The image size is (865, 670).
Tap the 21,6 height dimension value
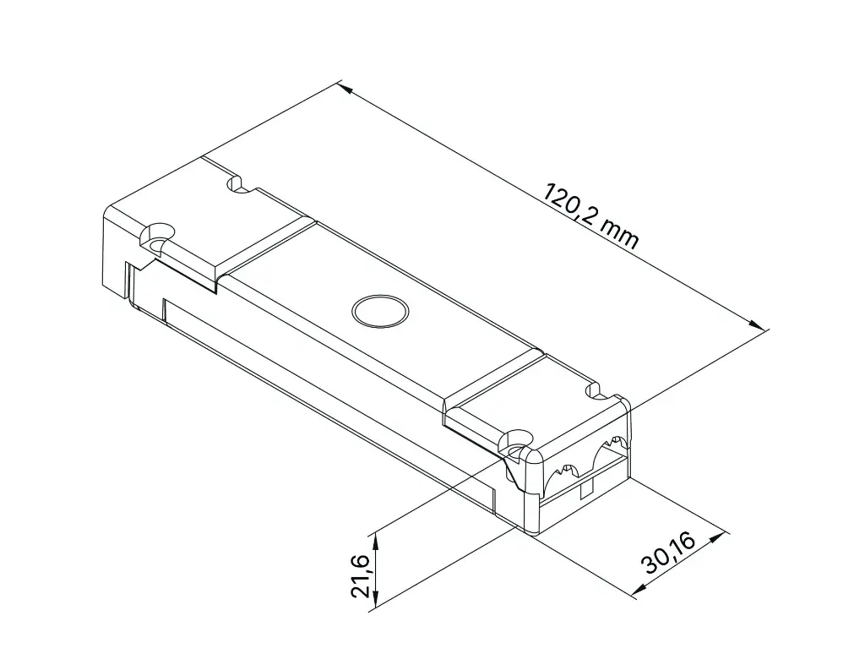pos(361,577)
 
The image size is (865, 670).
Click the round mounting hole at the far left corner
pos(156,232)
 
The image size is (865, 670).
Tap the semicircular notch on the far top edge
pos(237,183)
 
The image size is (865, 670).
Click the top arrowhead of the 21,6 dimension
pos(376,536)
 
